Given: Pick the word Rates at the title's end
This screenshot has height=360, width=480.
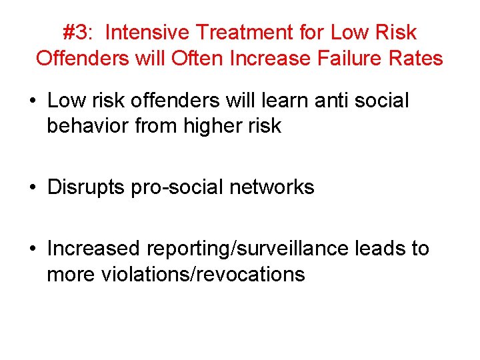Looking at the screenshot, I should click(416, 58).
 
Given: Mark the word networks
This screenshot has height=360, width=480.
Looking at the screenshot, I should click(271, 187).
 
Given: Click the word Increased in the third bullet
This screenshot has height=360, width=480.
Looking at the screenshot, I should click(94, 249).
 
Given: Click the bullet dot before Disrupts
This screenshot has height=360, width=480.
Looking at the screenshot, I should click(33, 187).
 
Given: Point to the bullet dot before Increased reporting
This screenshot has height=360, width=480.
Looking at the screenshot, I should click(33, 249).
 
